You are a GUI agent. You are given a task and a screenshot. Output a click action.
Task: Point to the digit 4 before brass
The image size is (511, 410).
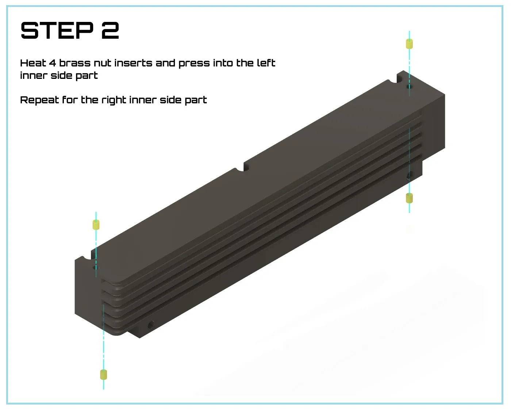coord(53,63)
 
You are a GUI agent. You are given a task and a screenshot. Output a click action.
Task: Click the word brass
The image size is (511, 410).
coord(75,63)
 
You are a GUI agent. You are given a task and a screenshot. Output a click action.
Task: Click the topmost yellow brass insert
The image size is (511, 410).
coord(410,44)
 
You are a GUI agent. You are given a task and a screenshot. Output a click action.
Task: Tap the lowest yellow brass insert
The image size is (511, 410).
coord(104,375)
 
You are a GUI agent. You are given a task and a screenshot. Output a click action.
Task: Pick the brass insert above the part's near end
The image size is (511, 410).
coord(96,225)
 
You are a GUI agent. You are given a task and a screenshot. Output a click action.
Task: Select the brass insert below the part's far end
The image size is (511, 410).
coord(410,198)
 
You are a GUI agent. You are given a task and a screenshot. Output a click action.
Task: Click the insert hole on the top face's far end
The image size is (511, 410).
coord(409,87)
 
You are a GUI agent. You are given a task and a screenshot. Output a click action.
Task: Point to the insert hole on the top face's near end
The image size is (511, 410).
coord(96,268)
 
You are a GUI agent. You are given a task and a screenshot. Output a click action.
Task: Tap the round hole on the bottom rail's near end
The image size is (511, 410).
coord(151,325)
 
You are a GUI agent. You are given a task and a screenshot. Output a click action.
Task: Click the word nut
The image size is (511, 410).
coord(103,63)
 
